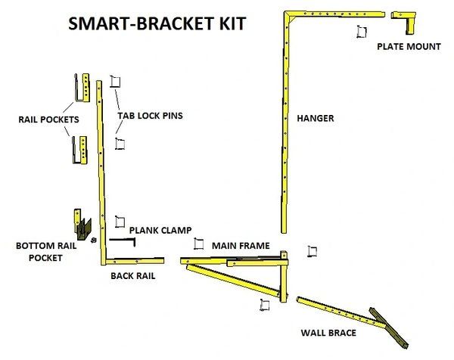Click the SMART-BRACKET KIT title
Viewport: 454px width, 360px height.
click(157, 23)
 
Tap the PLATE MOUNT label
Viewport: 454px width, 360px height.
click(409, 47)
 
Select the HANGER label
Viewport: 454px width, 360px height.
click(316, 118)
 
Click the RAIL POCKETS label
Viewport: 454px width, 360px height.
click(44, 119)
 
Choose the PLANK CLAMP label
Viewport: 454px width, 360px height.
click(160, 230)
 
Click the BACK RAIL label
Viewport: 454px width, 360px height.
click(133, 276)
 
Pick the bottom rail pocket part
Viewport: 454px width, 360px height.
click(80, 224)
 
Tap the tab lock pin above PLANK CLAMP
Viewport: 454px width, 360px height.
click(119, 222)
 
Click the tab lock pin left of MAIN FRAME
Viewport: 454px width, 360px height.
click(199, 244)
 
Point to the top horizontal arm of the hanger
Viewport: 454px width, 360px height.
click(333, 14)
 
